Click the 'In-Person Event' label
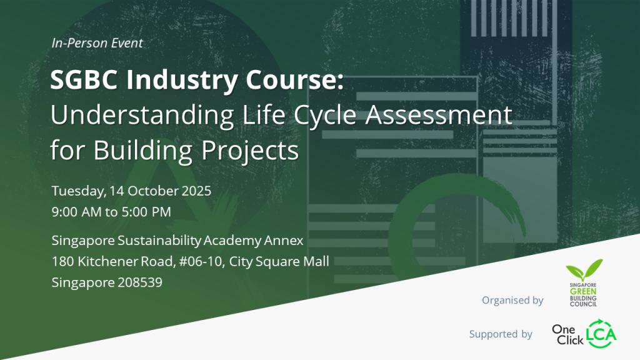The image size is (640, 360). pyautogui.click(x=97, y=43)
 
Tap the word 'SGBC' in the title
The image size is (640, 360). pyautogui.click(x=91, y=81)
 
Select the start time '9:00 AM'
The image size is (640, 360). pyautogui.click(x=77, y=212)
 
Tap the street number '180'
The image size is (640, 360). pyautogui.click(x=62, y=261)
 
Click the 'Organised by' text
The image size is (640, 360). pyautogui.click(x=512, y=301)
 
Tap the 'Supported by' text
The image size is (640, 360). pyautogui.click(x=501, y=334)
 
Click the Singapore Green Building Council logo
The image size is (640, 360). pyautogui.click(x=584, y=283)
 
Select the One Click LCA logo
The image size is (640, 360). pyautogui.click(x=584, y=333)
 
